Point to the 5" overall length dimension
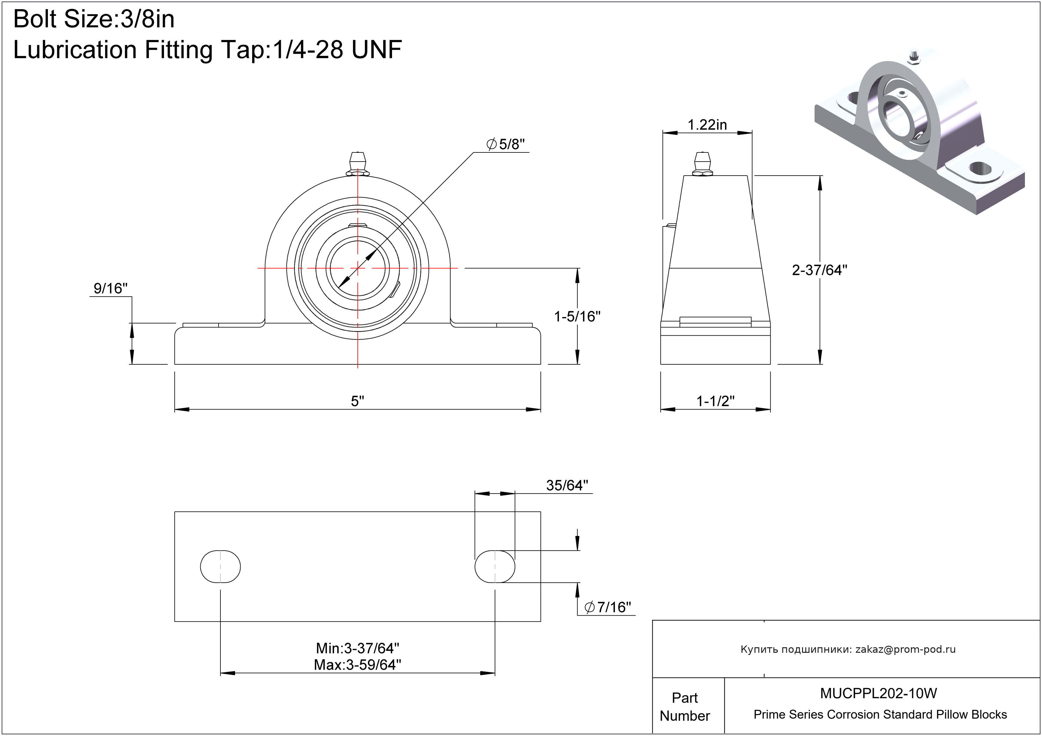click(x=358, y=401)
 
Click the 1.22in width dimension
click(x=707, y=125)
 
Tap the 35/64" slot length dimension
click(x=567, y=485)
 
